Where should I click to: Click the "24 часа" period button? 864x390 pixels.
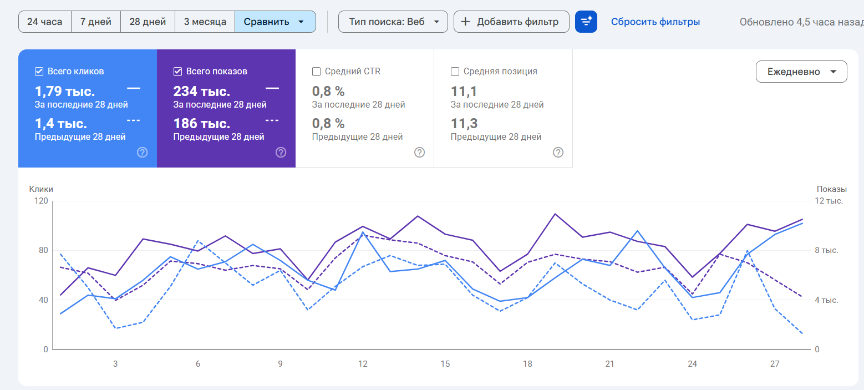(45, 22)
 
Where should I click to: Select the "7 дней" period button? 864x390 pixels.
(96, 22)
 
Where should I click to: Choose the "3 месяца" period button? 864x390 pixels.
(205, 22)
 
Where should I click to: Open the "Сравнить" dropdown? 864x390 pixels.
(275, 22)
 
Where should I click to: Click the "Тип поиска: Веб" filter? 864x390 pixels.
(393, 22)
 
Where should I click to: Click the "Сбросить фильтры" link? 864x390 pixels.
(655, 22)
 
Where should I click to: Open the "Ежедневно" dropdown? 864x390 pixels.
(801, 72)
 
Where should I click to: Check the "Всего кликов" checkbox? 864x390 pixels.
(39, 72)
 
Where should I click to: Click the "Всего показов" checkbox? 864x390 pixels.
(178, 72)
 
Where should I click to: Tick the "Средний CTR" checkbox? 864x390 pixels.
(317, 72)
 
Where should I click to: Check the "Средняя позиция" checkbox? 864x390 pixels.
(455, 72)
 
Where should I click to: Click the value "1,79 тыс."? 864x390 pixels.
(65, 92)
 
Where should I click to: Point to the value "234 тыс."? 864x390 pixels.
(201, 92)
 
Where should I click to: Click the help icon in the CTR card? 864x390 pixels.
(419, 152)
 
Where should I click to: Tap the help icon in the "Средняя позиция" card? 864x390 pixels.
(558, 152)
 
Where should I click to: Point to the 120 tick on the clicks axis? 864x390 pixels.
(41, 201)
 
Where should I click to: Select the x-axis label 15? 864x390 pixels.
(445, 364)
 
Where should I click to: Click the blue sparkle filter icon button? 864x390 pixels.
(586, 22)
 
